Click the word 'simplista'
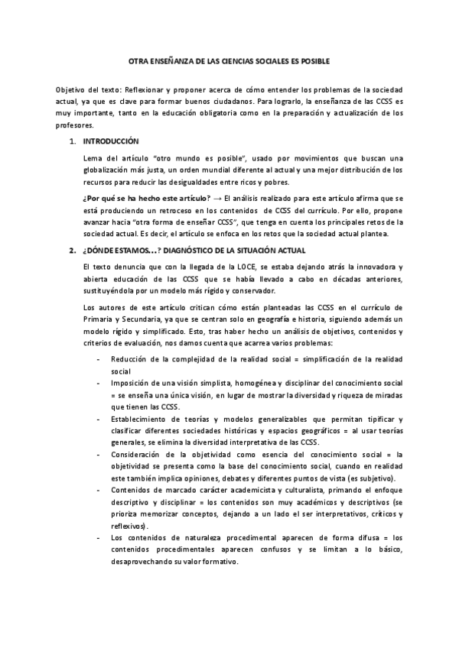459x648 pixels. click(211, 384)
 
